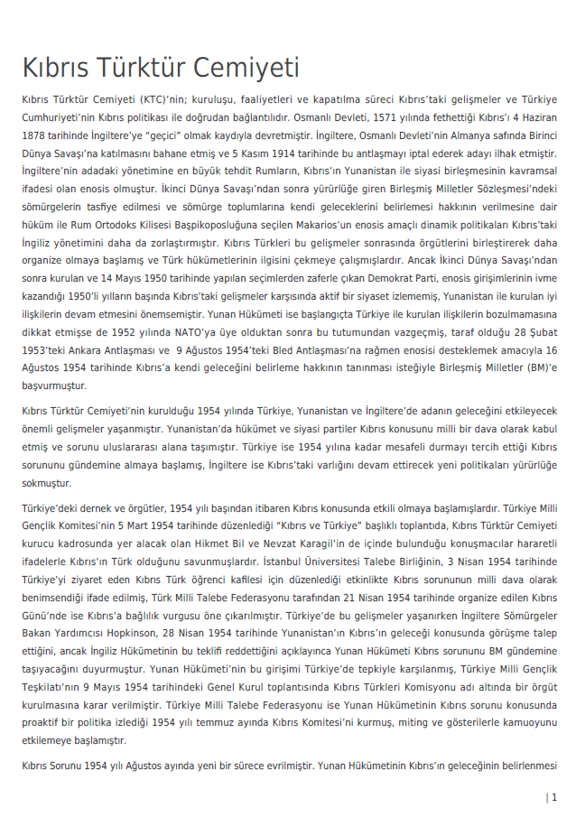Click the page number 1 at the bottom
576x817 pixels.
point(553,797)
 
